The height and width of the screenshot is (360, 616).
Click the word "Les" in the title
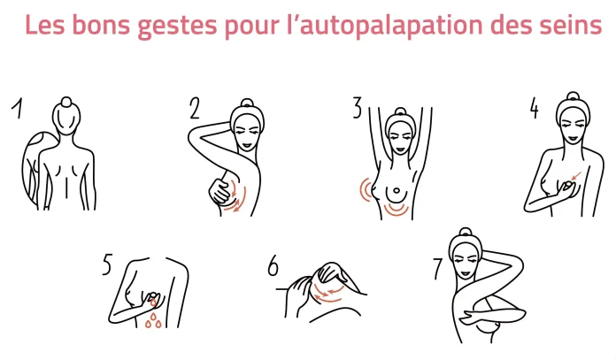tap(44, 25)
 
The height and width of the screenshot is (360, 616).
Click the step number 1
tap(17, 108)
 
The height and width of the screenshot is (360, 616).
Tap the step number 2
tap(195, 108)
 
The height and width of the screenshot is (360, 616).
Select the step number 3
tap(357, 108)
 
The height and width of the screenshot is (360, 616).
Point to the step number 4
tap(534, 108)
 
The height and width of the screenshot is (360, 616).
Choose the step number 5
tap(107, 264)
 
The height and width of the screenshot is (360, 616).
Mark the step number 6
tap(273, 265)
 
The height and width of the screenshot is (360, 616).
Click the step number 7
tap(438, 269)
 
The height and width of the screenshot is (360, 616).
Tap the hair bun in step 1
tap(66, 102)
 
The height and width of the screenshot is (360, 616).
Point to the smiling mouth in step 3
tap(400, 149)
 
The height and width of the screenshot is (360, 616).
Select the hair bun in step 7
tap(466, 232)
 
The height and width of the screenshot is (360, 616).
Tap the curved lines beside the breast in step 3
tap(366, 190)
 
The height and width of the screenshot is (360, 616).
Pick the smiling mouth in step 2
tap(246, 145)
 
